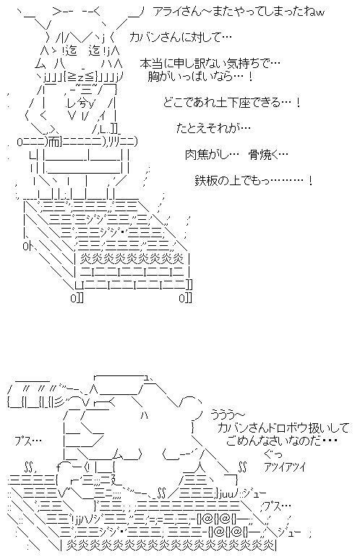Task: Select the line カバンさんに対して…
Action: tap(181, 37)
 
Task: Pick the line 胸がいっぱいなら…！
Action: tap(200, 77)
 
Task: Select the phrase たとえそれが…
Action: tap(213, 128)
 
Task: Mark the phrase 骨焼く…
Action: tap(268, 155)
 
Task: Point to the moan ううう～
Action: tap(228, 414)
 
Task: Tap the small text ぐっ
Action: tap(273, 454)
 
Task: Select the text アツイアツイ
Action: tap(284, 467)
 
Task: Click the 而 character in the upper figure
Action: tap(54, 142)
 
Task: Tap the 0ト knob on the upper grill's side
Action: tap(27, 246)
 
